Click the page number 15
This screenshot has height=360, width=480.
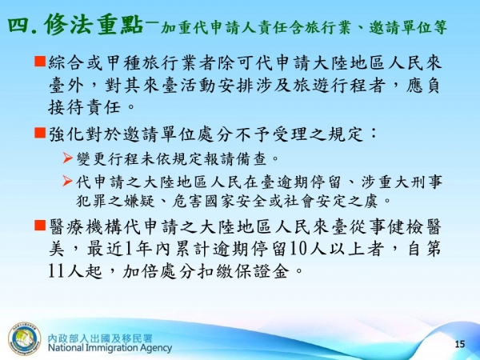coord(459,343)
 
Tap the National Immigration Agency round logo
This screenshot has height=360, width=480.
coord(23,338)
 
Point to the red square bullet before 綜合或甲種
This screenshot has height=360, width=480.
coord(40,62)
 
